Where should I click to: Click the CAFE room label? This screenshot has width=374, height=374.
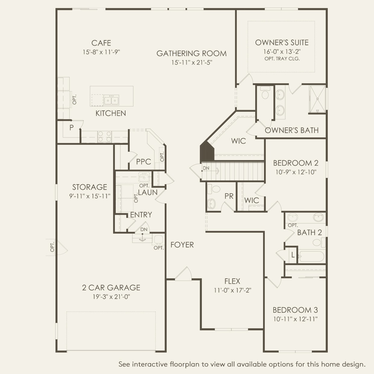pyautogui.click(x=101, y=43)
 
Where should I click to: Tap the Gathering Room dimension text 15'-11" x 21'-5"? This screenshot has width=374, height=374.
pyautogui.click(x=192, y=62)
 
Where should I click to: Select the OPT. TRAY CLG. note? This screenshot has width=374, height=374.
pyautogui.click(x=282, y=59)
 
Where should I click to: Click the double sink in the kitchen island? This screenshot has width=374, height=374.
pyautogui.click(x=111, y=100)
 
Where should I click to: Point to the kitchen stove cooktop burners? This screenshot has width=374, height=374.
pyautogui.click(x=104, y=136)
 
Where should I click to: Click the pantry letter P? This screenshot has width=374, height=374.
pyautogui.click(x=71, y=128)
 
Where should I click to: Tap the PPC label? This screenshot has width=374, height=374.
pyautogui.click(x=144, y=161)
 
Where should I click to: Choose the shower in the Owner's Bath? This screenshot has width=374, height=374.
pyautogui.click(x=317, y=99)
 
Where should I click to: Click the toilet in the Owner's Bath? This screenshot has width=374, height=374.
pyautogui.click(x=265, y=93)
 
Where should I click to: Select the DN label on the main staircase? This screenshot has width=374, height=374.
pyautogui.click(x=206, y=168)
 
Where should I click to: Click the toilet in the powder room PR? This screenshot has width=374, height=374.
pyautogui.click(x=214, y=189)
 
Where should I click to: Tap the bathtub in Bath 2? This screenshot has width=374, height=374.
pyautogui.click(x=311, y=256)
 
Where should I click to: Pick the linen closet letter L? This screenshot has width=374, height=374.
pyautogui.click(x=293, y=255)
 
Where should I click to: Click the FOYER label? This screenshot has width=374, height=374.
pyautogui.click(x=182, y=245)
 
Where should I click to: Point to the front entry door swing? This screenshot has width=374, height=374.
pyautogui.click(x=184, y=274)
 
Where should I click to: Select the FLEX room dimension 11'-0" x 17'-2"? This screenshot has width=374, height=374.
pyautogui.click(x=233, y=290)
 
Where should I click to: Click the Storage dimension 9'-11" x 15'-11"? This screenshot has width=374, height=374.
pyautogui.click(x=90, y=196)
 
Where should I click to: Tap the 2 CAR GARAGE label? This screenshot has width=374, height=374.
pyautogui.click(x=111, y=288)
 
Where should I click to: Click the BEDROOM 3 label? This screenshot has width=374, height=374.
pyautogui.click(x=295, y=310)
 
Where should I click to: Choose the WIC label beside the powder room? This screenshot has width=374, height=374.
pyautogui.click(x=252, y=200)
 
